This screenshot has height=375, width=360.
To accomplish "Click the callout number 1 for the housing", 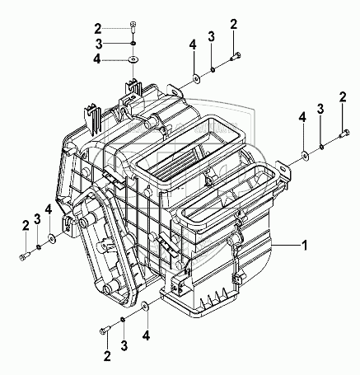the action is (x=304, y=245).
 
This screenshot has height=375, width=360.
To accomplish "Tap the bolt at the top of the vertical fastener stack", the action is (x=133, y=26).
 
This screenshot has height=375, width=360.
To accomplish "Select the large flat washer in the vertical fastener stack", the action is (x=133, y=59).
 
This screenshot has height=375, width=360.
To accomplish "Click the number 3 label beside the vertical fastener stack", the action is (x=99, y=44).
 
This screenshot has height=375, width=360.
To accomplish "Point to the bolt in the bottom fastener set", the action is (x=105, y=330).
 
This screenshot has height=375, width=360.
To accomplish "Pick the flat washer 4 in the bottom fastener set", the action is (x=144, y=307).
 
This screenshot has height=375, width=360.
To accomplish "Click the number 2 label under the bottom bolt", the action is (x=107, y=356).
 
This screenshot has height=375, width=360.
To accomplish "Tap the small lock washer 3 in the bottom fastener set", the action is (x=123, y=320).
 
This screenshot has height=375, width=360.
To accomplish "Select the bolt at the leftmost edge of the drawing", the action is (x=25, y=255).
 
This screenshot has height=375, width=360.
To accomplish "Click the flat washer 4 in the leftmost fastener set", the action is (x=52, y=238).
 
